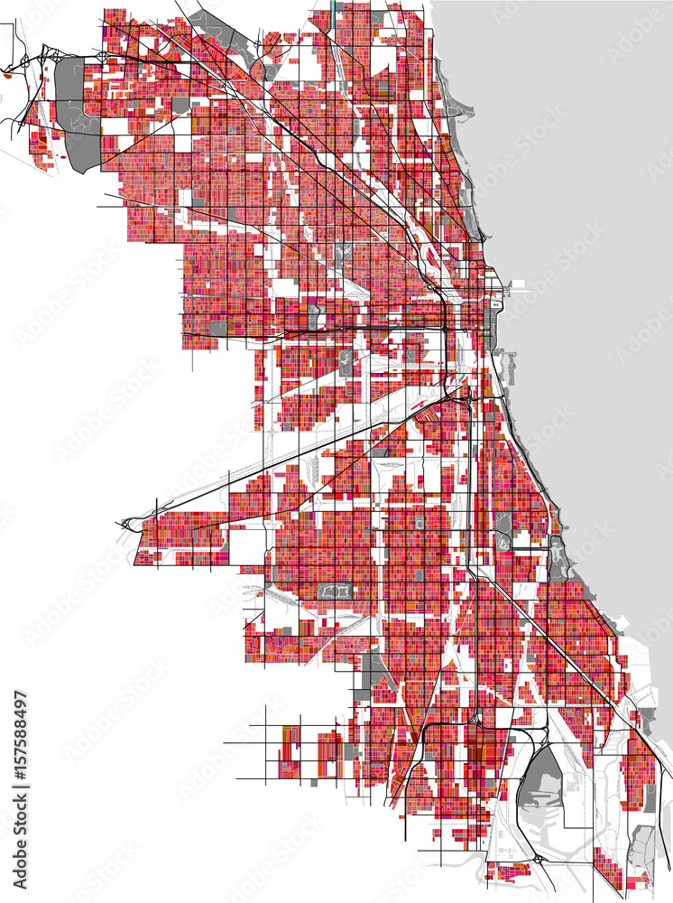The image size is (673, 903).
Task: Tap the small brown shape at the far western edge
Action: pos(7,77)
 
